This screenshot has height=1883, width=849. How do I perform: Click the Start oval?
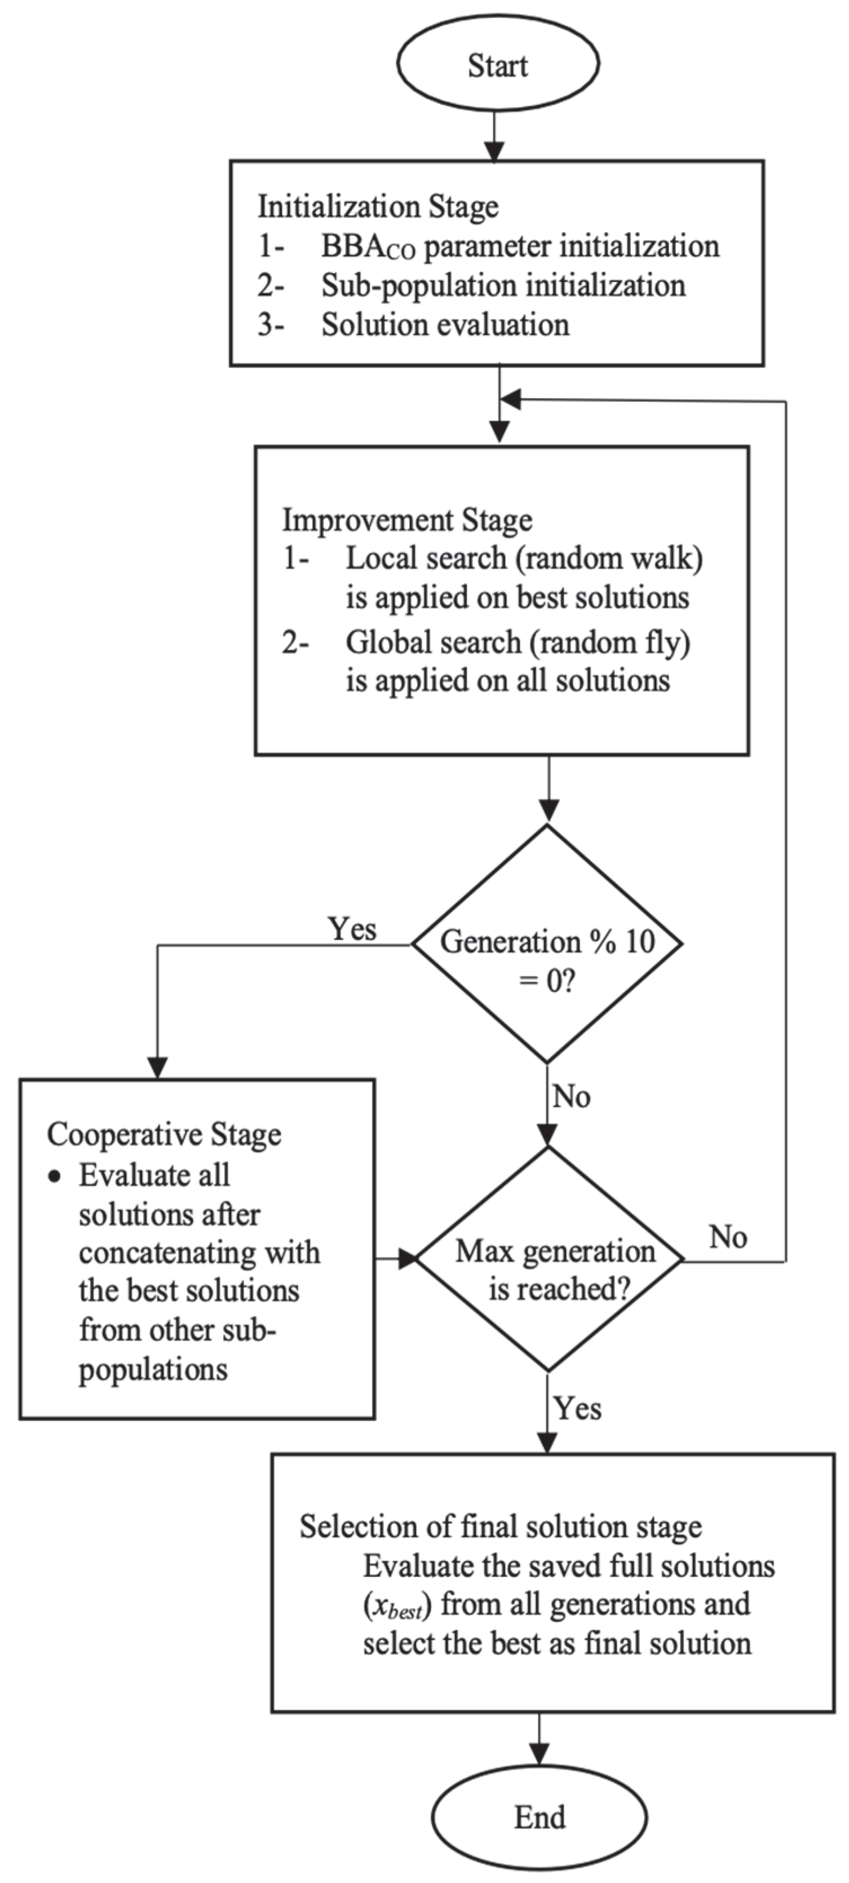point(498,64)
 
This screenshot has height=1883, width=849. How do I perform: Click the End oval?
point(539,1817)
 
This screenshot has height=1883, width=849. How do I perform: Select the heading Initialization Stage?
point(378,207)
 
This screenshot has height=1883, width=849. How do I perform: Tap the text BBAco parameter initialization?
point(520,246)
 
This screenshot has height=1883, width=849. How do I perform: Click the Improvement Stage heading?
point(407,521)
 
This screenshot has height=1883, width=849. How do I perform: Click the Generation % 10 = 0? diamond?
point(547,943)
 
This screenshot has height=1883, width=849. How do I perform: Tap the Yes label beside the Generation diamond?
point(352,929)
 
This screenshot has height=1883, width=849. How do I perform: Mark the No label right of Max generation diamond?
point(728,1237)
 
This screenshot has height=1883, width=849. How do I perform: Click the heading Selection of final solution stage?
point(501,1527)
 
